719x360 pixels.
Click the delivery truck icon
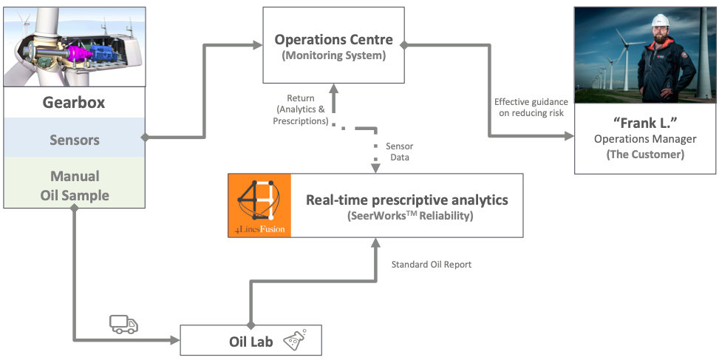tap(123, 323)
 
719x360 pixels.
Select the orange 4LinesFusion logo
tap(259, 206)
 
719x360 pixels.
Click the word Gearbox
tap(73, 103)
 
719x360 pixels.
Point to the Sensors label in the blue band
tap(74, 140)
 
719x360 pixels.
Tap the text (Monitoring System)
tap(334, 55)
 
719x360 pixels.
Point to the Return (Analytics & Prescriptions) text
tap(300, 109)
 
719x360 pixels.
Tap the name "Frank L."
tap(645, 123)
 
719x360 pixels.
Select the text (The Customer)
tap(645, 154)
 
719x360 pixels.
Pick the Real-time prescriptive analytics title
tap(407, 200)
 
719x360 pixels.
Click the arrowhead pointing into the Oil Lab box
tap(175, 341)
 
